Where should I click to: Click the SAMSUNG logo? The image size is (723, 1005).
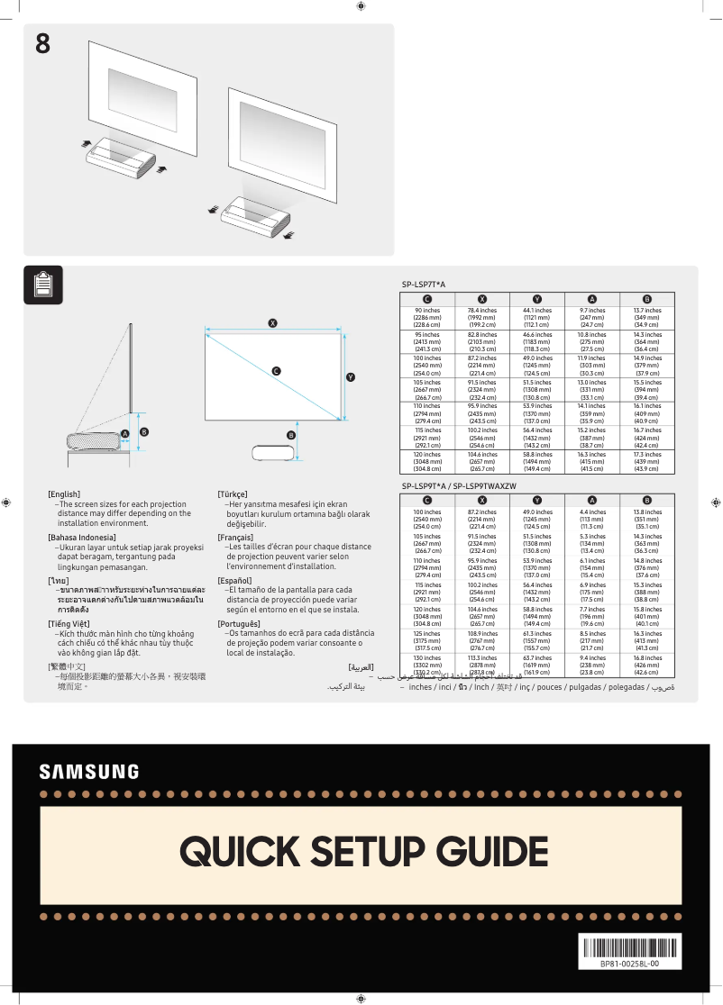coord(88,772)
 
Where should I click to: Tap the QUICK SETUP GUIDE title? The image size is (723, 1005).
coord(363,851)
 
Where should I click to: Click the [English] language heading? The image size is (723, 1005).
coord(64,494)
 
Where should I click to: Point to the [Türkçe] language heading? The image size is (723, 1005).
coord(233,494)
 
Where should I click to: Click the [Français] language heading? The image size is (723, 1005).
coord(235,537)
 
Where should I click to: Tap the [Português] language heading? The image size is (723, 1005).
coord(239,623)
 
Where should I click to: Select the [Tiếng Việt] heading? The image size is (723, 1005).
coord(69,623)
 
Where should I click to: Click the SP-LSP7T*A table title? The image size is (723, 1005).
coord(424,285)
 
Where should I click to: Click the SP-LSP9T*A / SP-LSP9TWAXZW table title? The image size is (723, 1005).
coord(459,486)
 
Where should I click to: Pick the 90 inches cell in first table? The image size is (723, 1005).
coord(427,318)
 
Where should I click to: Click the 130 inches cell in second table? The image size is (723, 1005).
coord(427,665)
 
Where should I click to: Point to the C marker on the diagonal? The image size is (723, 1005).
coord(277,371)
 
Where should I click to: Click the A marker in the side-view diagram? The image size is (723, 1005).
coord(125,434)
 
